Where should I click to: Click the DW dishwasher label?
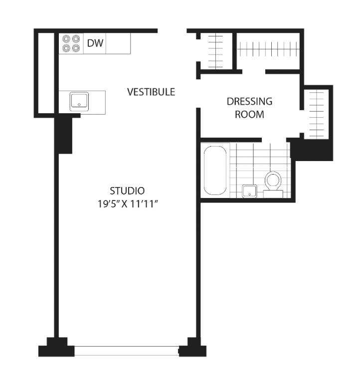(95, 43)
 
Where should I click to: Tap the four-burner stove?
(71, 43)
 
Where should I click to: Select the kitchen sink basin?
(79, 101)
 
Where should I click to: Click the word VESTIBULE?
(151, 92)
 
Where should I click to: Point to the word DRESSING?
(249, 101)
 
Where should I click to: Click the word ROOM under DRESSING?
(249, 114)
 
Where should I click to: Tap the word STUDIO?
(127, 191)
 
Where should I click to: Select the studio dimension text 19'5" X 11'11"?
(127, 204)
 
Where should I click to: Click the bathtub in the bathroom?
(215, 171)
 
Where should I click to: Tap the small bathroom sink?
(249, 192)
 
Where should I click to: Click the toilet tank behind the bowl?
(273, 193)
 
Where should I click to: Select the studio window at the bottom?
(127, 351)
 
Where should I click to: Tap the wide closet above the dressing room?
(268, 51)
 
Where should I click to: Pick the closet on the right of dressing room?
(317, 114)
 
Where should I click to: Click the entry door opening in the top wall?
(172, 31)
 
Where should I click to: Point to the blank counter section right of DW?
(118, 43)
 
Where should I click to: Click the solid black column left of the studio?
(63, 136)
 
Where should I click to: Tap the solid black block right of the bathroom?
(312, 150)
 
